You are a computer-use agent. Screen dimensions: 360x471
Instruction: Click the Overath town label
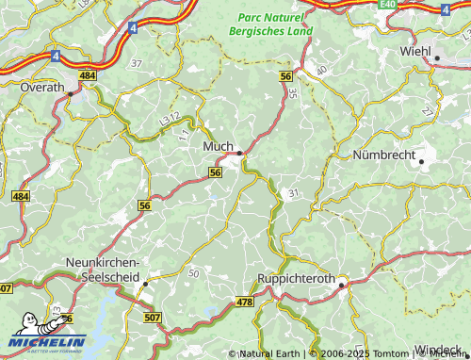point(42,86)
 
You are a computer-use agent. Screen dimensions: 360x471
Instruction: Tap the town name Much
point(217,147)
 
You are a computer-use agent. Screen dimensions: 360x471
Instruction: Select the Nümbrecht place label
point(383,154)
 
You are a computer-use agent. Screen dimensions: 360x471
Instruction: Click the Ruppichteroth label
point(298,279)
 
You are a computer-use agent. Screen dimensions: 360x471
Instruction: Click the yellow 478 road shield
point(244,302)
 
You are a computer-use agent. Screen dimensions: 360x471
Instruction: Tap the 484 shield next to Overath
point(88,75)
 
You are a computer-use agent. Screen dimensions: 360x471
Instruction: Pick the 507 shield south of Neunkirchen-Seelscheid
point(152,318)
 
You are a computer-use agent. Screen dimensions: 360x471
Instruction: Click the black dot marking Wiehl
point(437,58)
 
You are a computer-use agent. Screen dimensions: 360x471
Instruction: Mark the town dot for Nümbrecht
point(421,162)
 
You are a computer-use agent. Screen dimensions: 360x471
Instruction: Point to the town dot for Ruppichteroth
point(343,282)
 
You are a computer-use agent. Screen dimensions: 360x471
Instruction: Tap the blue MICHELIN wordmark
point(47,342)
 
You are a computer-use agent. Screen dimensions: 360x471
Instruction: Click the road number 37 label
point(137,63)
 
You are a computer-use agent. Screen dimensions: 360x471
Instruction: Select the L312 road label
point(170,120)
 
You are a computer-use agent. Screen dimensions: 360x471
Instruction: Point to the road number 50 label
point(194,272)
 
